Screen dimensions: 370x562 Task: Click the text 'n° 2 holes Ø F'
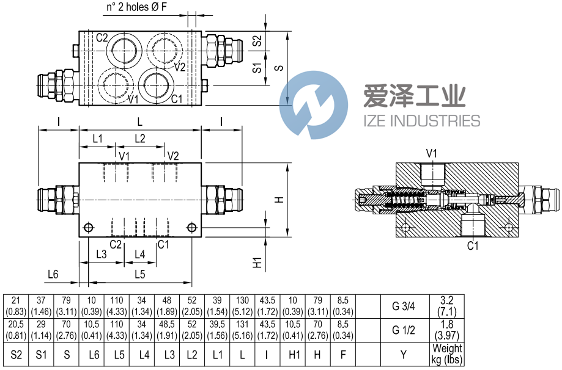pyautogui.click(x=137, y=9)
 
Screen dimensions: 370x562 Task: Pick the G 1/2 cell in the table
pyautogui.click(x=403, y=330)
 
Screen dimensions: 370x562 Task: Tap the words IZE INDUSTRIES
pyautogui.click(x=421, y=120)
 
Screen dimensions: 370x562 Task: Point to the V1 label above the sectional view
pyautogui.click(x=432, y=153)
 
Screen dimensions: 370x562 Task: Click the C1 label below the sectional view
pyautogui.click(x=472, y=246)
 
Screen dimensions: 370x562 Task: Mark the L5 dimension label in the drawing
pyautogui.click(x=140, y=274)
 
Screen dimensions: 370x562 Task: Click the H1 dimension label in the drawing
pyautogui.click(x=257, y=262)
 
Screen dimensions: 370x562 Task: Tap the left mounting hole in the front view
pyautogui.click(x=89, y=228)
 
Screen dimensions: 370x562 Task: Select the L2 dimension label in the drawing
pyautogui.click(x=140, y=139)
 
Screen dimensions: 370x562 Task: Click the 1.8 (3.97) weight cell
pyautogui.click(x=447, y=330)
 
